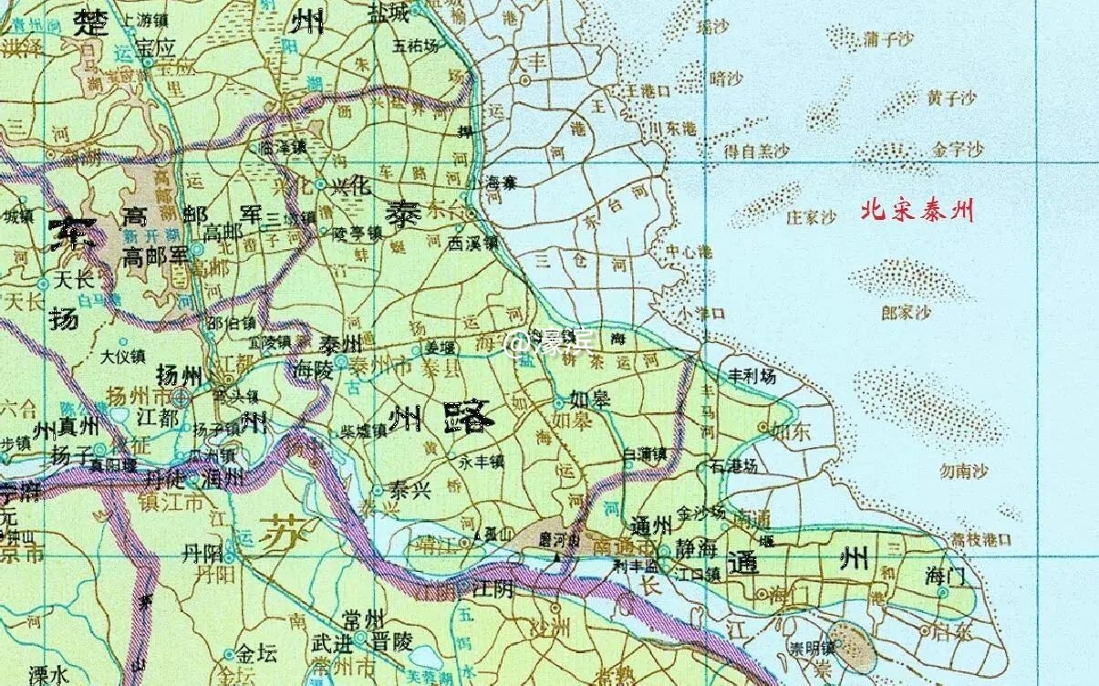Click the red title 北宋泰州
pyautogui.click(x=918, y=212)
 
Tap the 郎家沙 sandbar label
pyautogui.click(x=905, y=313)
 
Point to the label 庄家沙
pyautogui.click(x=811, y=218)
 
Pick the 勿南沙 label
pyautogui.click(x=964, y=472)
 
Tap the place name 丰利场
pyautogui.click(x=750, y=376)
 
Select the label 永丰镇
pyautogui.click(x=482, y=462)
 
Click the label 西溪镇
pyautogui.click(x=473, y=244)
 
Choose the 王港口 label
pyautogui.click(x=645, y=91)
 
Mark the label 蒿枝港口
pyautogui.click(x=980, y=540)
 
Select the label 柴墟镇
pyautogui.click(x=364, y=430)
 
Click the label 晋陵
pyautogui.click(x=398, y=641)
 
